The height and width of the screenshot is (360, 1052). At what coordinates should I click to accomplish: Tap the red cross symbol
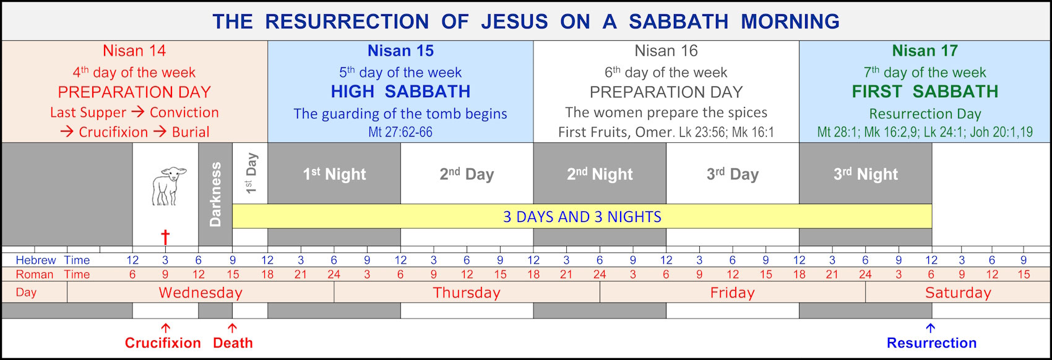tap(165, 237)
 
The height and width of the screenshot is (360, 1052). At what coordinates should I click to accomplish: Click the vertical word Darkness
tap(215, 194)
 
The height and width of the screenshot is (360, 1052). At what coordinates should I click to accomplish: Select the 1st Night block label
tap(334, 174)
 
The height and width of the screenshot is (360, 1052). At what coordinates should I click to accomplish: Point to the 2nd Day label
tap(467, 174)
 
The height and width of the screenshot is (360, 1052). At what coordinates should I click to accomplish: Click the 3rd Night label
tap(865, 174)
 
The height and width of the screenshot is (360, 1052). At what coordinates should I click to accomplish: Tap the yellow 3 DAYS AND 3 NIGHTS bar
tap(582, 216)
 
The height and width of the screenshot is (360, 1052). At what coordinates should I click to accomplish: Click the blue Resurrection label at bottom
tap(931, 343)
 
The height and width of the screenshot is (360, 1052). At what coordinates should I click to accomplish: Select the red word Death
tap(233, 343)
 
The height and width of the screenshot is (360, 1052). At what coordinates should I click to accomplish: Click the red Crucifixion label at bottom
tap(163, 343)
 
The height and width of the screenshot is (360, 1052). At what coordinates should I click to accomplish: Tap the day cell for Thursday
tap(467, 293)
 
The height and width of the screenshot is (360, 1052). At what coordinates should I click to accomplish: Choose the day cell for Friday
tap(732, 293)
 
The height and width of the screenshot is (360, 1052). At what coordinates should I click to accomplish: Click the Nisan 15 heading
tap(400, 51)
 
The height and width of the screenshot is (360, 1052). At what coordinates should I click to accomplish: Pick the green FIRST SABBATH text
tap(925, 92)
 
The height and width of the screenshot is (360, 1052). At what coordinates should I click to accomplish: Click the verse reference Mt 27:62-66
tap(400, 132)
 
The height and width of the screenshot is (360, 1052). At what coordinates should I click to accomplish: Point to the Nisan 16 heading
tap(666, 51)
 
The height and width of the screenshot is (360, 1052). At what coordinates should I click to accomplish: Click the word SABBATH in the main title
tap(678, 22)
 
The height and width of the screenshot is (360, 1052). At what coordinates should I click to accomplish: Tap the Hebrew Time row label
tap(53, 260)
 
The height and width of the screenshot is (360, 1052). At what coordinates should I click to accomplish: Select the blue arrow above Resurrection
tap(931, 328)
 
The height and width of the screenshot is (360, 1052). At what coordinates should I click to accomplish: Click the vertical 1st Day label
tap(251, 174)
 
